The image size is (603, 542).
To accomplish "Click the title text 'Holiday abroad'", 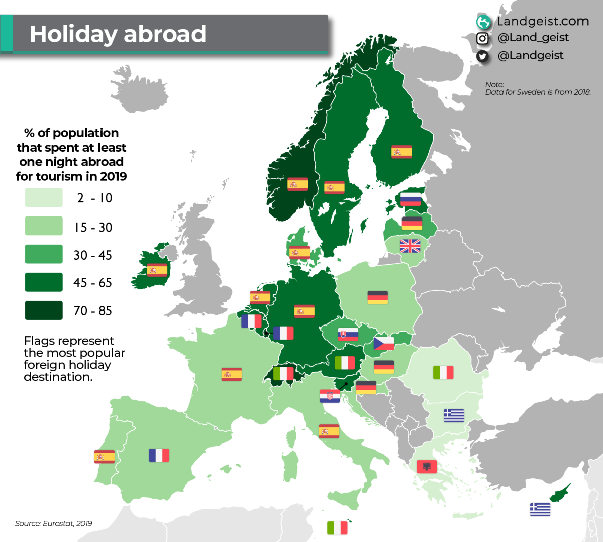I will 118,34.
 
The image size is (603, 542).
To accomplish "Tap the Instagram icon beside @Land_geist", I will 482,38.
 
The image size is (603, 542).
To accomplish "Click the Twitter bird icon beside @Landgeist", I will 482,56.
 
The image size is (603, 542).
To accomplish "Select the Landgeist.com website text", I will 543,21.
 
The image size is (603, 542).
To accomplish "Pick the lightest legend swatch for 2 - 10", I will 44,198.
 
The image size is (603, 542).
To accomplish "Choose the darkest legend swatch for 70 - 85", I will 44,310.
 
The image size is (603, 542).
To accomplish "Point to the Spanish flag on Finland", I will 401,151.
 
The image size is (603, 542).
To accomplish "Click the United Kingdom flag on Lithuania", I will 410,246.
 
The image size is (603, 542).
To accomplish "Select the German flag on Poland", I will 377,297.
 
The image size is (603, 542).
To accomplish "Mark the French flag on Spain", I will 159,455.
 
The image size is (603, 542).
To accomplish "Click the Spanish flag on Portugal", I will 105,456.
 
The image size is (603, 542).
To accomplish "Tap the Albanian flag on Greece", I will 427,467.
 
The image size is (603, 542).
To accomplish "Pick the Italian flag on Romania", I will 443,372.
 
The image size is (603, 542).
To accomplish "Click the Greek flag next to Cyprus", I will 540,509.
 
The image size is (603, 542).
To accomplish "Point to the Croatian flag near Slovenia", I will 330,396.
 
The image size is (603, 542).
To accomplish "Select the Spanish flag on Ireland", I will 157,270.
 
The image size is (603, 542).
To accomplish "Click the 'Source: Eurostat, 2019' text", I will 53,523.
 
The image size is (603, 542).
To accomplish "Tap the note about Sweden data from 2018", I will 538,88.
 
